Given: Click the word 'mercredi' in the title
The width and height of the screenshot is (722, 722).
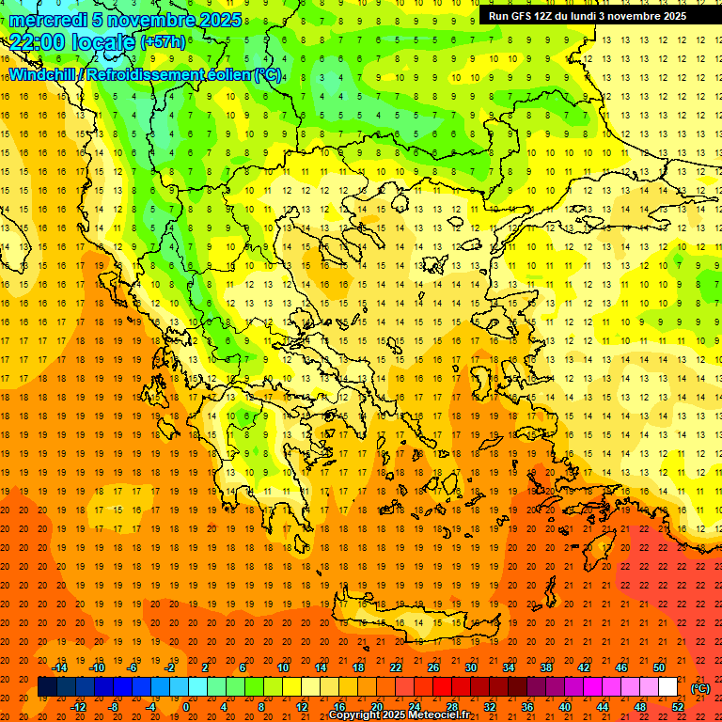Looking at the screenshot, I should point(47,20).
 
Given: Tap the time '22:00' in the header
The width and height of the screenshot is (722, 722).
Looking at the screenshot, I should point(37,41).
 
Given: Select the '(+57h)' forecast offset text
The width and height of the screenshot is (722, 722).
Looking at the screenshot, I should point(163,42).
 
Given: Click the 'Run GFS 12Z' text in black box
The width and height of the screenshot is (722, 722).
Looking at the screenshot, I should point(522,16).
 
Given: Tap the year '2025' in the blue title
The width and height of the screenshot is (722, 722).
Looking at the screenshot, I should point(220,20).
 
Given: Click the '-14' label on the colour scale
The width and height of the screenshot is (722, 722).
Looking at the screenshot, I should point(60,667).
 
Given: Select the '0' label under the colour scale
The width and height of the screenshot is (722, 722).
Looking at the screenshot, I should point(186,707).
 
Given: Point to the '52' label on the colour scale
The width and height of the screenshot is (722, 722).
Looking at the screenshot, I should point(678,707).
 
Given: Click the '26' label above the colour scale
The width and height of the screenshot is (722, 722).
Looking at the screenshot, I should point(432,667).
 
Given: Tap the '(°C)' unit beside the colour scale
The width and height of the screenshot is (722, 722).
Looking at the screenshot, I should point(700,687).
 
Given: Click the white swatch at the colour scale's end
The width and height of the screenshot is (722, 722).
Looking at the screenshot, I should point(667,687).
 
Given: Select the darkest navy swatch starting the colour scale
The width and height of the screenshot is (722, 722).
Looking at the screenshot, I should point(47,687).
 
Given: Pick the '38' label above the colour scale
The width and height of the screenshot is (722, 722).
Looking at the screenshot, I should point(545,667).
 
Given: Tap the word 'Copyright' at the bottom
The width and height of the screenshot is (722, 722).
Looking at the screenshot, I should point(357,715).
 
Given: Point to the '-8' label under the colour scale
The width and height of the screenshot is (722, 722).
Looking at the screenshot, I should point(113,707).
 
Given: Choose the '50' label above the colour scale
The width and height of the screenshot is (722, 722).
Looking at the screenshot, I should point(658,667).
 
